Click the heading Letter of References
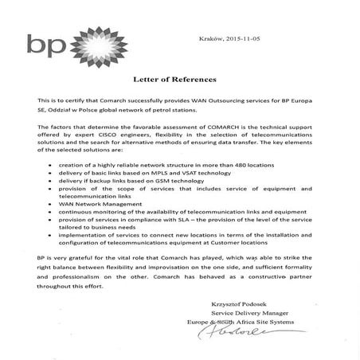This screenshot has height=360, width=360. point(180,80)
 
